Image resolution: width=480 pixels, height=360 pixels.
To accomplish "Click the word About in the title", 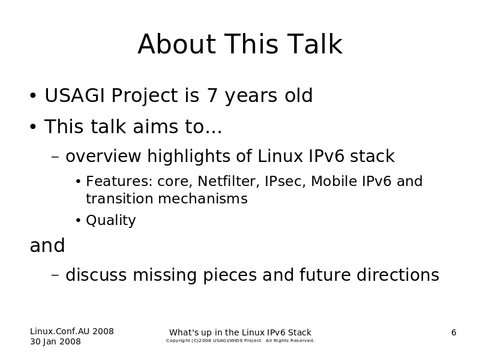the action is pos(177,44).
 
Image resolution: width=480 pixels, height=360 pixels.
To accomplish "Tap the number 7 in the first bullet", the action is pos(212,95).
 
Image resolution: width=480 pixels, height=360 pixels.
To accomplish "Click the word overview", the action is pos(103,156).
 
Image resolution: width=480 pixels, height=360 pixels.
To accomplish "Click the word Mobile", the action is pos(334,181).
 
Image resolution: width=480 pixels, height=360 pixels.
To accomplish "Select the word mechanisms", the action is pos(203,199).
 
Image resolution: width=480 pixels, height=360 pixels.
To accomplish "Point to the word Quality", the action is pos(111,220).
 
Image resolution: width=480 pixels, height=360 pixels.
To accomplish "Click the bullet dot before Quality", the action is pos(79,220).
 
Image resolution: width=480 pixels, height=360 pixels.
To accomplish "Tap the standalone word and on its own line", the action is pos(47,245).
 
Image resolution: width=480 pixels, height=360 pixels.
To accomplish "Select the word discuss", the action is pos(96,274).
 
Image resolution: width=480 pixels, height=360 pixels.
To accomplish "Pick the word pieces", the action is pos(230,275).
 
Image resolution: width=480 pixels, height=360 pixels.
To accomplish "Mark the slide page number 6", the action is pos(454,332).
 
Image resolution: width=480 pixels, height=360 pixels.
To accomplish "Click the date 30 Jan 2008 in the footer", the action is pos(55,341).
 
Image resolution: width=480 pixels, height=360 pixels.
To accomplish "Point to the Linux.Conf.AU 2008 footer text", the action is pos(72,331).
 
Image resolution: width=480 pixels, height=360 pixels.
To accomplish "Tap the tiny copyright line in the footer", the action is pos(241,340).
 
